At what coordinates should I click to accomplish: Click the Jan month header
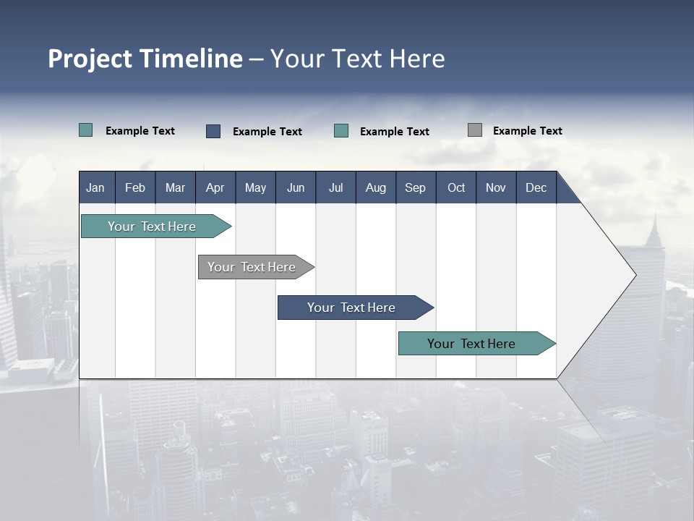(96, 187)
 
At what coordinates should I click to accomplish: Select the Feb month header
(135, 187)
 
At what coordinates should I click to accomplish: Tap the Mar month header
(175, 187)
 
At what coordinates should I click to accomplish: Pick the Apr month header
(215, 187)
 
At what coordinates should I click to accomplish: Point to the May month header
(255, 187)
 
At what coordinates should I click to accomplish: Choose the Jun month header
(296, 187)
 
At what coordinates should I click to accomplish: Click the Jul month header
(335, 187)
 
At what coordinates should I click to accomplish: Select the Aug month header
(376, 187)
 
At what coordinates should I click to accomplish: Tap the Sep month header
(416, 187)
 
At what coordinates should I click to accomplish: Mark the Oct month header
(456, 187)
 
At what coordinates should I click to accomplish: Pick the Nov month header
(496, 187)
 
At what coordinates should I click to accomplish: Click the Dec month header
(536, 187)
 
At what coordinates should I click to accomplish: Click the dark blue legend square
(213, 131)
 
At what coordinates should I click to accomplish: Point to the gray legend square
(475, 130)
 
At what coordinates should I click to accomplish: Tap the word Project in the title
(90, 59)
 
